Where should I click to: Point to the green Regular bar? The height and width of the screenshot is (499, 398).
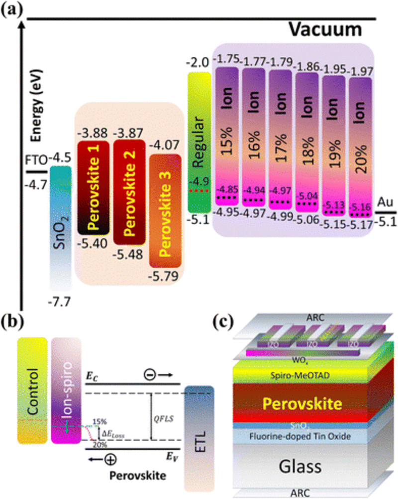(x=199, y=142)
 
